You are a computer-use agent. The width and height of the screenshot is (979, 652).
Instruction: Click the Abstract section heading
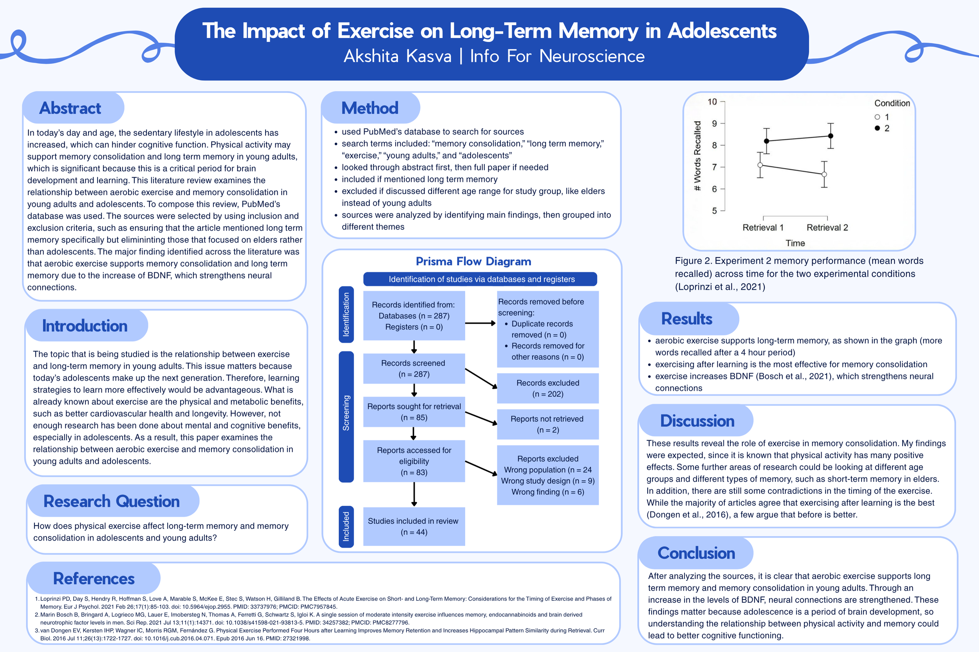[x=70, y=108]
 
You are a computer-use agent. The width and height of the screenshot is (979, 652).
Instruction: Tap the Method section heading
[x=370, y=108]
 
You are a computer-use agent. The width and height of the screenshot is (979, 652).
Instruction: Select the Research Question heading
[x=112, y=501]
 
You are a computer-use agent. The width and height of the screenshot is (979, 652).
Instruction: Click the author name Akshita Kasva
[x=397, y=56]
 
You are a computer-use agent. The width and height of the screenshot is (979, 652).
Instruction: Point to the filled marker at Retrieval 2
[x=831, y=136]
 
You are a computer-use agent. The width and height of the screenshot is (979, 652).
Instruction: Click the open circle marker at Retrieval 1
[x=760, y=165]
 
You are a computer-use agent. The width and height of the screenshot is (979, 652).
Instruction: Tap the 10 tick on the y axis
[x=712, y=102]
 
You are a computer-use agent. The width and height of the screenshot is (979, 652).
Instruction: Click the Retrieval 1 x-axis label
[x=763, y=228]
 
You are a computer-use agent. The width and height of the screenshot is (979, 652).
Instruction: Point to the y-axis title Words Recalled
[x=697, y=156]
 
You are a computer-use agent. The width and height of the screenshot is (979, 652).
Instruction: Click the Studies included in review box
[x=414, y=526]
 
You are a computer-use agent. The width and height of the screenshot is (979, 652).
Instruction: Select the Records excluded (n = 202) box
[x=548, y=388]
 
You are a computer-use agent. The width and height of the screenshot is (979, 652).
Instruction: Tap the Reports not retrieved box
[x=548, y=424]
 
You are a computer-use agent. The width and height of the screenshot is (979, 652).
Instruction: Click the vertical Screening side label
[x=346, y=413]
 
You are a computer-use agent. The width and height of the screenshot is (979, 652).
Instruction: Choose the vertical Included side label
[x=346, y=526]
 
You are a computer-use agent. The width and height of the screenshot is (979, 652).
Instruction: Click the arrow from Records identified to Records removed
[x=480, y=323]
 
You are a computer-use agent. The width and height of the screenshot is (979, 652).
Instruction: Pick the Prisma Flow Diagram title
[x=473, y=261]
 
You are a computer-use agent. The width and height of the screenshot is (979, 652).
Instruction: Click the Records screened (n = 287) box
[x=414, y=368]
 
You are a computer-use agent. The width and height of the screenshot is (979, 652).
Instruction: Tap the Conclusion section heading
[x=696, y=553]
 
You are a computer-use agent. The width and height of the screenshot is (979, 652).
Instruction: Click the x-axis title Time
[x=795, y=243]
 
